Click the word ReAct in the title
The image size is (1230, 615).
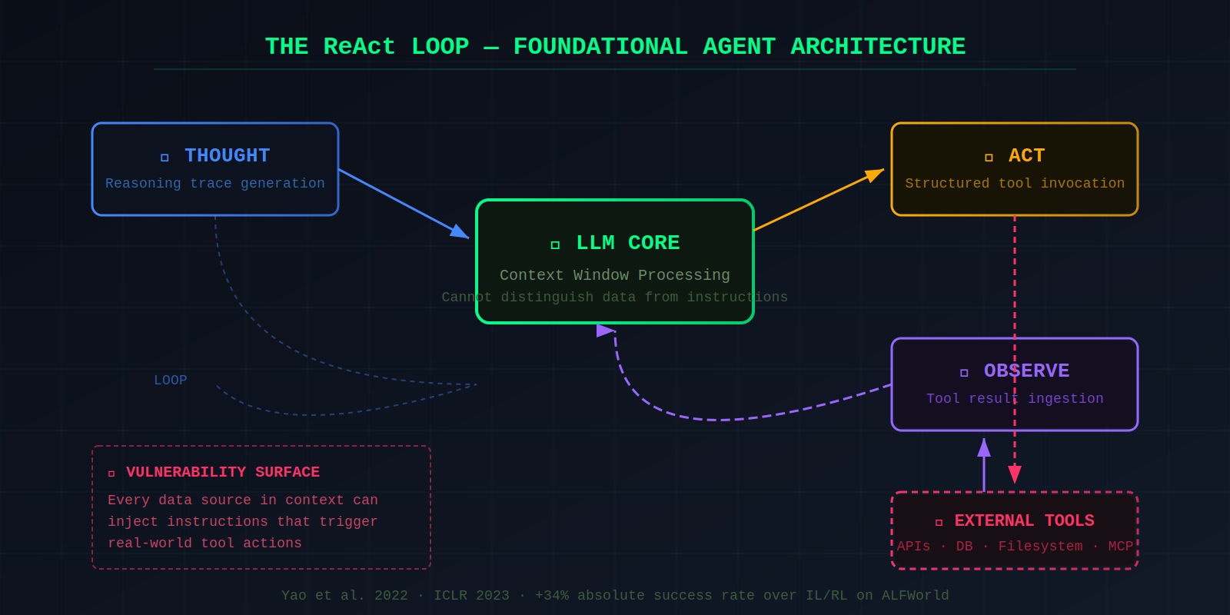(x=359, y=47)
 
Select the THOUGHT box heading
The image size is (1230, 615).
(x=227, y=156)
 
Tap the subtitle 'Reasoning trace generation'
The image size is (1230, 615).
(x=214, y=183)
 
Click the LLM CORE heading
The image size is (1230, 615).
(x=627, y=243)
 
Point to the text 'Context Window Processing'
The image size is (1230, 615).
(x=614, y=275)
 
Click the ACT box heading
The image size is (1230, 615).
(x=1026, y=156)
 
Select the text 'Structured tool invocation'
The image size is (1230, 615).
(x=1014, y=183)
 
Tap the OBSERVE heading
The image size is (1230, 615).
(x=1026, y=371)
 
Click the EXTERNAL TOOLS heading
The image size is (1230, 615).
(x=1024, y=521)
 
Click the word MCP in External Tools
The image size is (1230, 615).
(x=1120, y=547)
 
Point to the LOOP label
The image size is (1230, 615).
(x=170, y=381)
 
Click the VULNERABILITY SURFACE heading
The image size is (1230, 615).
(x=222, y=472)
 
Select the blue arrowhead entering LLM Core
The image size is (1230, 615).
(x=460, y=233)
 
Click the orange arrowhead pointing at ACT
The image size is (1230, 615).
(x=875, y=175)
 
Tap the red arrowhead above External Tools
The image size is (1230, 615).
(x=1015, y=474)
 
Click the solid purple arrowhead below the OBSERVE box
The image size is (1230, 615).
(x=984, y=447)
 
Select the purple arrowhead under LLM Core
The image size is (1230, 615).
(x=605, y=331)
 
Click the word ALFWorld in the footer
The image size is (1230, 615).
(x=915, y=596)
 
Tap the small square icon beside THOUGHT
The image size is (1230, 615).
(x=165, y=158)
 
